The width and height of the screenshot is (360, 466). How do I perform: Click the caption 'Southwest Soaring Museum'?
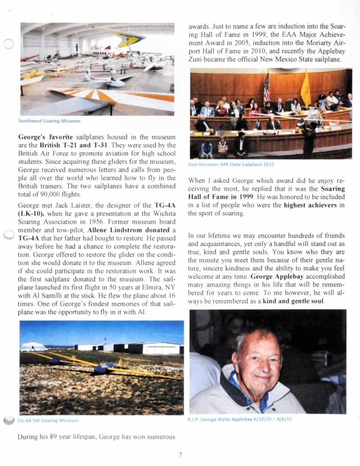pos(49,121)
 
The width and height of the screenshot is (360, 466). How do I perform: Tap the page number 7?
pos(180,455)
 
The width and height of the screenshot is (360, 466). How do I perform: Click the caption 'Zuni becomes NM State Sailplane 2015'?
pos(231,165)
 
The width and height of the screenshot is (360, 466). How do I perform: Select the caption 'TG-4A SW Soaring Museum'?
pos(48,420)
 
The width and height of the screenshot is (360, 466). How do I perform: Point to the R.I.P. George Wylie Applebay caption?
pos(240,419)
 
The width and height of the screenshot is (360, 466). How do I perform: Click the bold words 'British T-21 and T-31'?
pos(73,145)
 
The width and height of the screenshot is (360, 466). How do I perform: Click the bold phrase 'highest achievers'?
pos(310,205)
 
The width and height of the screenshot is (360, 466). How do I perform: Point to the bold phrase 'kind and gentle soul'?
pos(294,301)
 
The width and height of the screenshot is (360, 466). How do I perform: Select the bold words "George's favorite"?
pos(46,137)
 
